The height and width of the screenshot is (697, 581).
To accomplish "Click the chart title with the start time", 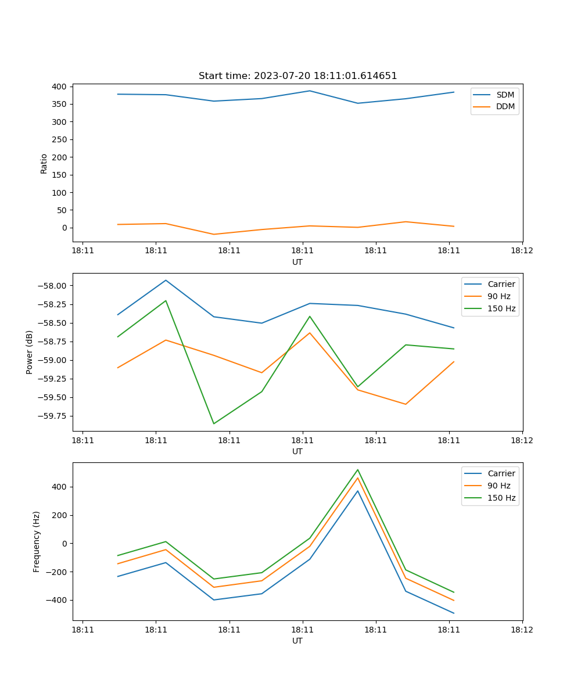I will click(297, 76).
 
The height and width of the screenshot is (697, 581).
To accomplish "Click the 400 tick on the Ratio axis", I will click(59, 87).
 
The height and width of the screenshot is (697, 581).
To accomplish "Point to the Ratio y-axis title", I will click(44, 163).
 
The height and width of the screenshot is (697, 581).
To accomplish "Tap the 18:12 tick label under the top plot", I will click(522, 250).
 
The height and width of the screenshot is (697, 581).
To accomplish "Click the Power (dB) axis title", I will click(30, 352).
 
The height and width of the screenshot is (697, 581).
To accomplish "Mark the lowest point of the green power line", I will click(214, 423).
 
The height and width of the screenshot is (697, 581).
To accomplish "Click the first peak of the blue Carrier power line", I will click(166, 280).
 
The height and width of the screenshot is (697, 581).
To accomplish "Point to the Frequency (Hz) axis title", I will click(37, 541).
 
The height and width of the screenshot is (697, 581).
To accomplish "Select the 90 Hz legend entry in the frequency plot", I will click(498, 486).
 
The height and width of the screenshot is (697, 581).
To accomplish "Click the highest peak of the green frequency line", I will click(357, 469).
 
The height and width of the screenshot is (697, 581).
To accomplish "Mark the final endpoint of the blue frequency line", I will click(454, 613).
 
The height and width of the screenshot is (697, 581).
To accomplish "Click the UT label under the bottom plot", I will click(297, 641).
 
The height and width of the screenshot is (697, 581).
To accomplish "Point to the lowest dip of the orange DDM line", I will click(214, 234).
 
